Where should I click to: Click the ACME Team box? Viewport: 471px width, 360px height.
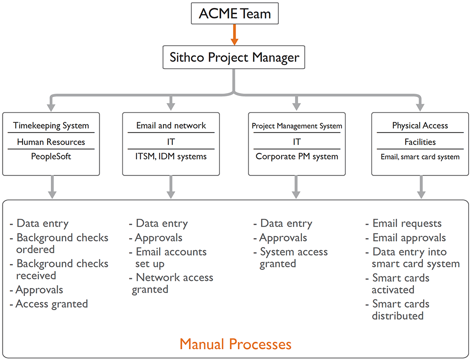tap(235, 14)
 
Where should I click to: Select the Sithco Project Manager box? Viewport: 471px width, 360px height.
tap(234, 57)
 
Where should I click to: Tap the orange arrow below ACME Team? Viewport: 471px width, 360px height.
tap(234, 35)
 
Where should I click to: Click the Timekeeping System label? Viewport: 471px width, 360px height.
tap(51, 125)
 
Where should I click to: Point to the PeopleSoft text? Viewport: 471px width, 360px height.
tap(51, 156)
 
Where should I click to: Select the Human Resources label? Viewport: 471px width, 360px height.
tap(51, 142)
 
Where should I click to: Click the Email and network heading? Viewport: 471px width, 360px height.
tap(171, 125)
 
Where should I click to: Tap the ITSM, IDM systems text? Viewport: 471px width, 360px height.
tap(171, 156)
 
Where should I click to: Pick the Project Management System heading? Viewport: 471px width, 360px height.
tap(297, 126)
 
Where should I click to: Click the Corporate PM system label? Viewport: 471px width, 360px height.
tap(297, 156)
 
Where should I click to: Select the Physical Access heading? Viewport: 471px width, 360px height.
tap(420, 125)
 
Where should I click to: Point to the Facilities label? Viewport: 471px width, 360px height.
tap(420, 142)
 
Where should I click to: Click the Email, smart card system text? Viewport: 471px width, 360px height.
tap(420, 157)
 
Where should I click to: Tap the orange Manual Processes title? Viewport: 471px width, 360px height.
tap(235, 344)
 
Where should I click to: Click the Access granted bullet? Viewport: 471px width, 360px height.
tap(49, 304)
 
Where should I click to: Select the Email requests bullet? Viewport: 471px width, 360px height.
tap(404, 223)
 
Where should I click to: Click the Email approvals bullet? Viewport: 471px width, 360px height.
tap(406, 238)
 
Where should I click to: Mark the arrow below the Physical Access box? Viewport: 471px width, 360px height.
tap(421, 187)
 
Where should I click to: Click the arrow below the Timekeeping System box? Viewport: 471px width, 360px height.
tap(52, 187)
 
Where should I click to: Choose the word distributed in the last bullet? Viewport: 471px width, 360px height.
tap(398, 316)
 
